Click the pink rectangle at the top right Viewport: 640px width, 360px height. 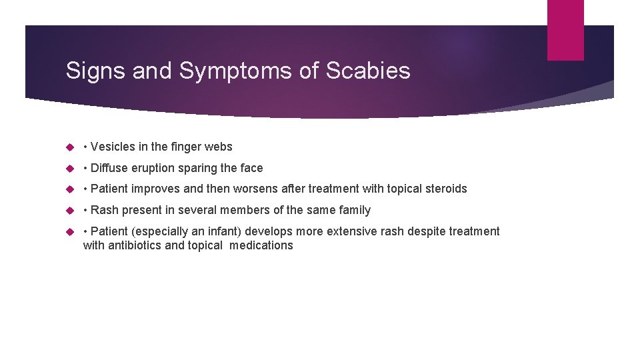click(565, 30)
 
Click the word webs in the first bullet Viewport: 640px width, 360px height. click(219, 147)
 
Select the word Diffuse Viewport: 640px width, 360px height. click(111, 168)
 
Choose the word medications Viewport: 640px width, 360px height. click(261, 245)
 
